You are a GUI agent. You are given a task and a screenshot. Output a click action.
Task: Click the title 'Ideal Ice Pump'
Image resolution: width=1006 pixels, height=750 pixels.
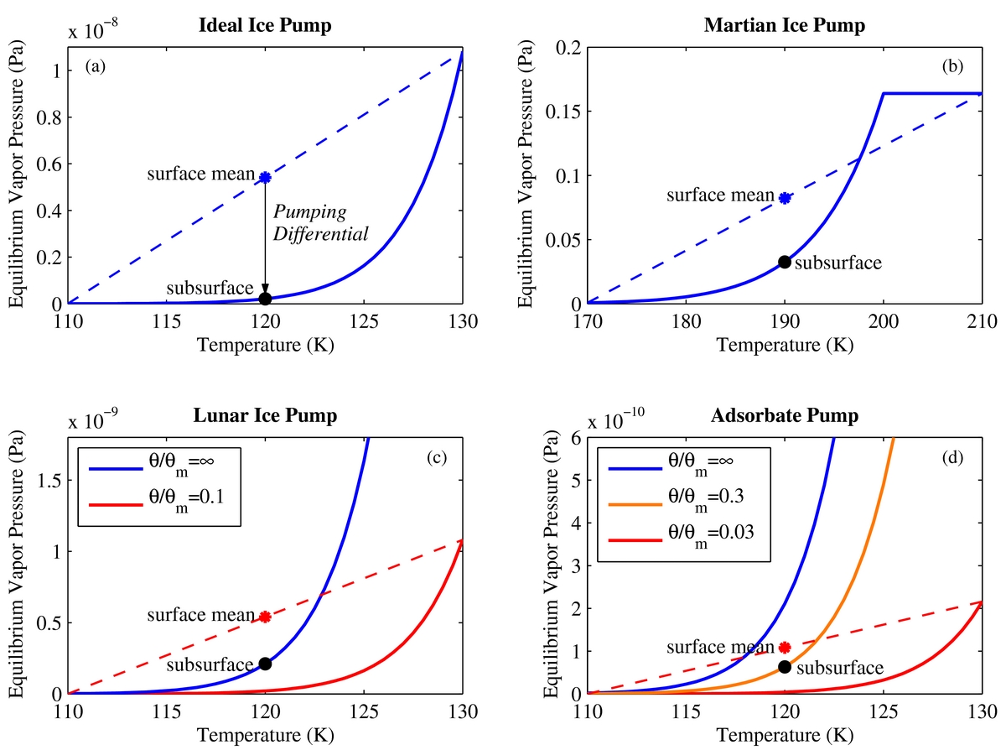(265, 25)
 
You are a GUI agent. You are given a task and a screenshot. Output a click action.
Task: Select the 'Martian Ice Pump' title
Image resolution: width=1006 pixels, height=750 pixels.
(784, 25)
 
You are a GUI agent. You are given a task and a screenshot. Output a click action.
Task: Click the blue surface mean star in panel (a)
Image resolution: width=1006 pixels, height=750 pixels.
(265, 177)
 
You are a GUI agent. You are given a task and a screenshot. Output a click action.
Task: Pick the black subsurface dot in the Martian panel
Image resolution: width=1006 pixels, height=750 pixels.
(785, 262)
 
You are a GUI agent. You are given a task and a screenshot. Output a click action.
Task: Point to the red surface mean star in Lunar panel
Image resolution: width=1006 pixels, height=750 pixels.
(265, 617)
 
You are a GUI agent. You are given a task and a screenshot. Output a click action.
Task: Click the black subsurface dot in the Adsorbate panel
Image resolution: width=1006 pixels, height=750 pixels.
(785, 666)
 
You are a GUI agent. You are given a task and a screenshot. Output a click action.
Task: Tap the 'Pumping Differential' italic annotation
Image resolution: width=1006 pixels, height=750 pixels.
(321, 222)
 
